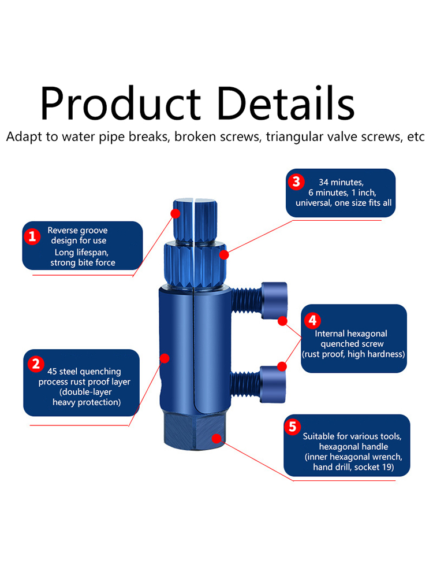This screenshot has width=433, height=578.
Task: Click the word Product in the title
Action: click(121, 103)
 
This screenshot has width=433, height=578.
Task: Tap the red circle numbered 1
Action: click(32, 236)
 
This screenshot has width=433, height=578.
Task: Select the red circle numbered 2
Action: click(36, 364)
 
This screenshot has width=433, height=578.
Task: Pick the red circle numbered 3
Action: click(296, 181)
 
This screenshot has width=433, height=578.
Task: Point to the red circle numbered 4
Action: click(312, 320)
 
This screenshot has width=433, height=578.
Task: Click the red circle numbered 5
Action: click(292, 427)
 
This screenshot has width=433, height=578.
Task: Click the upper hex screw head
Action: click(274, 301)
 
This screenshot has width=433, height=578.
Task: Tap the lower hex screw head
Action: click(273, 384)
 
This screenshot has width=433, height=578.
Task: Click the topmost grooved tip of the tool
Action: click(195, 220)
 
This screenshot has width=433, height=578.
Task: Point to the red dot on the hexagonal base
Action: click(216, 438)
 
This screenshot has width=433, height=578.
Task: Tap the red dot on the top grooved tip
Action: click(176, 213)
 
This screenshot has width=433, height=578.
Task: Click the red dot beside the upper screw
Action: click(282, 321)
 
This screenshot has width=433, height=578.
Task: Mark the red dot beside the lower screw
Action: click(282, 366)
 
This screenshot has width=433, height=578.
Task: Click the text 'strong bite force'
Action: click(83, 262)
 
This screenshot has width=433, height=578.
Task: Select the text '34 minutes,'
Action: click(341, 182)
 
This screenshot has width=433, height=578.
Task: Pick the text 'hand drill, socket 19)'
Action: click(353, 467)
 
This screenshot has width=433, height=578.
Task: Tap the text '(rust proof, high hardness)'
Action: click(353, 354)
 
